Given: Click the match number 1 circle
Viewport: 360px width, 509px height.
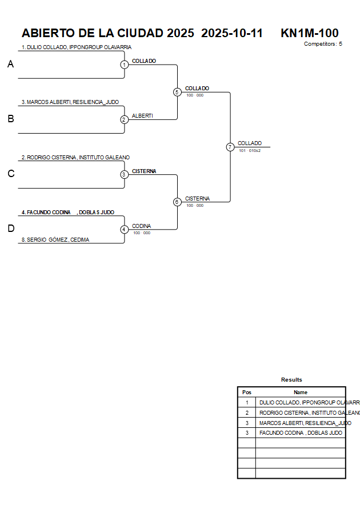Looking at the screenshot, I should pyautogui.click(x=124, y=65).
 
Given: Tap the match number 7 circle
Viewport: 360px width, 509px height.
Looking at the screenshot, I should pyautogui.click(x=230, y=147).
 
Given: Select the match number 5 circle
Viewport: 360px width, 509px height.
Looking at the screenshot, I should pyautogui.click(x=177, y=92).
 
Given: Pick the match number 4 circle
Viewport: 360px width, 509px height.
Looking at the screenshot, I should pyautogui.click(x=124, y=230).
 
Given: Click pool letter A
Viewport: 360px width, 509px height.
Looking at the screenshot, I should pyautogui.click(x=10, y=65).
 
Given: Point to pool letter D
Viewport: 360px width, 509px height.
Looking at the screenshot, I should pyautogui.click(x=10, y=229).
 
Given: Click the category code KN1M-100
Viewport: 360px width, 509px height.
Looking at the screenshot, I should pyautogui.click(x=309, y=33).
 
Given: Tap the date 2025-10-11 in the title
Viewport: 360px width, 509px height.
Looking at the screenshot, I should pyautogui.click(x=232, y=33).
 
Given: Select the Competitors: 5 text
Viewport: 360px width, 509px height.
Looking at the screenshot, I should pyautogui.click(x=323, y=44).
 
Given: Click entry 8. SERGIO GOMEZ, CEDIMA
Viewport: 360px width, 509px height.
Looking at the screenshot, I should pyautogui.click(x=55, y=240).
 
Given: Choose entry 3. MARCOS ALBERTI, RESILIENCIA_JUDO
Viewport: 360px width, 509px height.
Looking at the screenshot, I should pyautogui.click(x=70, y=102).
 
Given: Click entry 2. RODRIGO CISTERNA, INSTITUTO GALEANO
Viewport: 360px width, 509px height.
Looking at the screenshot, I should pyautogui.click(x=76, y=157).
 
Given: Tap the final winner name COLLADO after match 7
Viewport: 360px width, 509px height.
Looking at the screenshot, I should pyautogui.click(x=250, y=143).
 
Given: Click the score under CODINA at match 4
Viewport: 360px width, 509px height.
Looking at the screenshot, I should pyautogui.click(x=142, y=233).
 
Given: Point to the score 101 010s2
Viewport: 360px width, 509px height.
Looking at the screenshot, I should pyautogui.click(x=250, y=151).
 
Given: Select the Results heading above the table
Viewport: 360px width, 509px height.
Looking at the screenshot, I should pyautogui.click(x=291, y=380).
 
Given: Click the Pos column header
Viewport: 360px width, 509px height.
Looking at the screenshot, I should pyautogui.click(x=247, y=392).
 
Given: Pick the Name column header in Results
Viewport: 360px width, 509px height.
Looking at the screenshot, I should pyautogui.click(x=301, y=392).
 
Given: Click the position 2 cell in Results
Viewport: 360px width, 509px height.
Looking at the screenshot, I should pyautogui.click(x=247, y=412).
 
